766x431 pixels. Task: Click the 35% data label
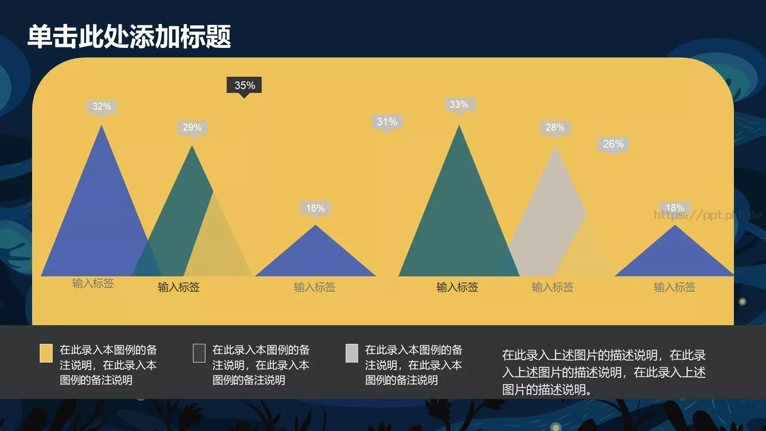click(244, 85)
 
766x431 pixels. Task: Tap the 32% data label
click(101, 106)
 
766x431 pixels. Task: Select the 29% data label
click(192, 127)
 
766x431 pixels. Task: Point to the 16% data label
click(315, 208)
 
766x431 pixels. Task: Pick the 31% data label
click(387, 122)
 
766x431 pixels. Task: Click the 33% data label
click(459, 104)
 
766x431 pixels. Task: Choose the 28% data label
click(555, 127)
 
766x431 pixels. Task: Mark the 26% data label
click(613, 144)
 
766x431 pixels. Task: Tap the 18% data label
click(675, 207)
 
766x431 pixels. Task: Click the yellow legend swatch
click(46, 353)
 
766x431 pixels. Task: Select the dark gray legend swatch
click(199, 353)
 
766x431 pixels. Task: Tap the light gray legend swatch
click(351, 353)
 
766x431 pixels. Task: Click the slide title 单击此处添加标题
click(129, 36)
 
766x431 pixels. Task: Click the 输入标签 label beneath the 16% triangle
click(315, 287)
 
